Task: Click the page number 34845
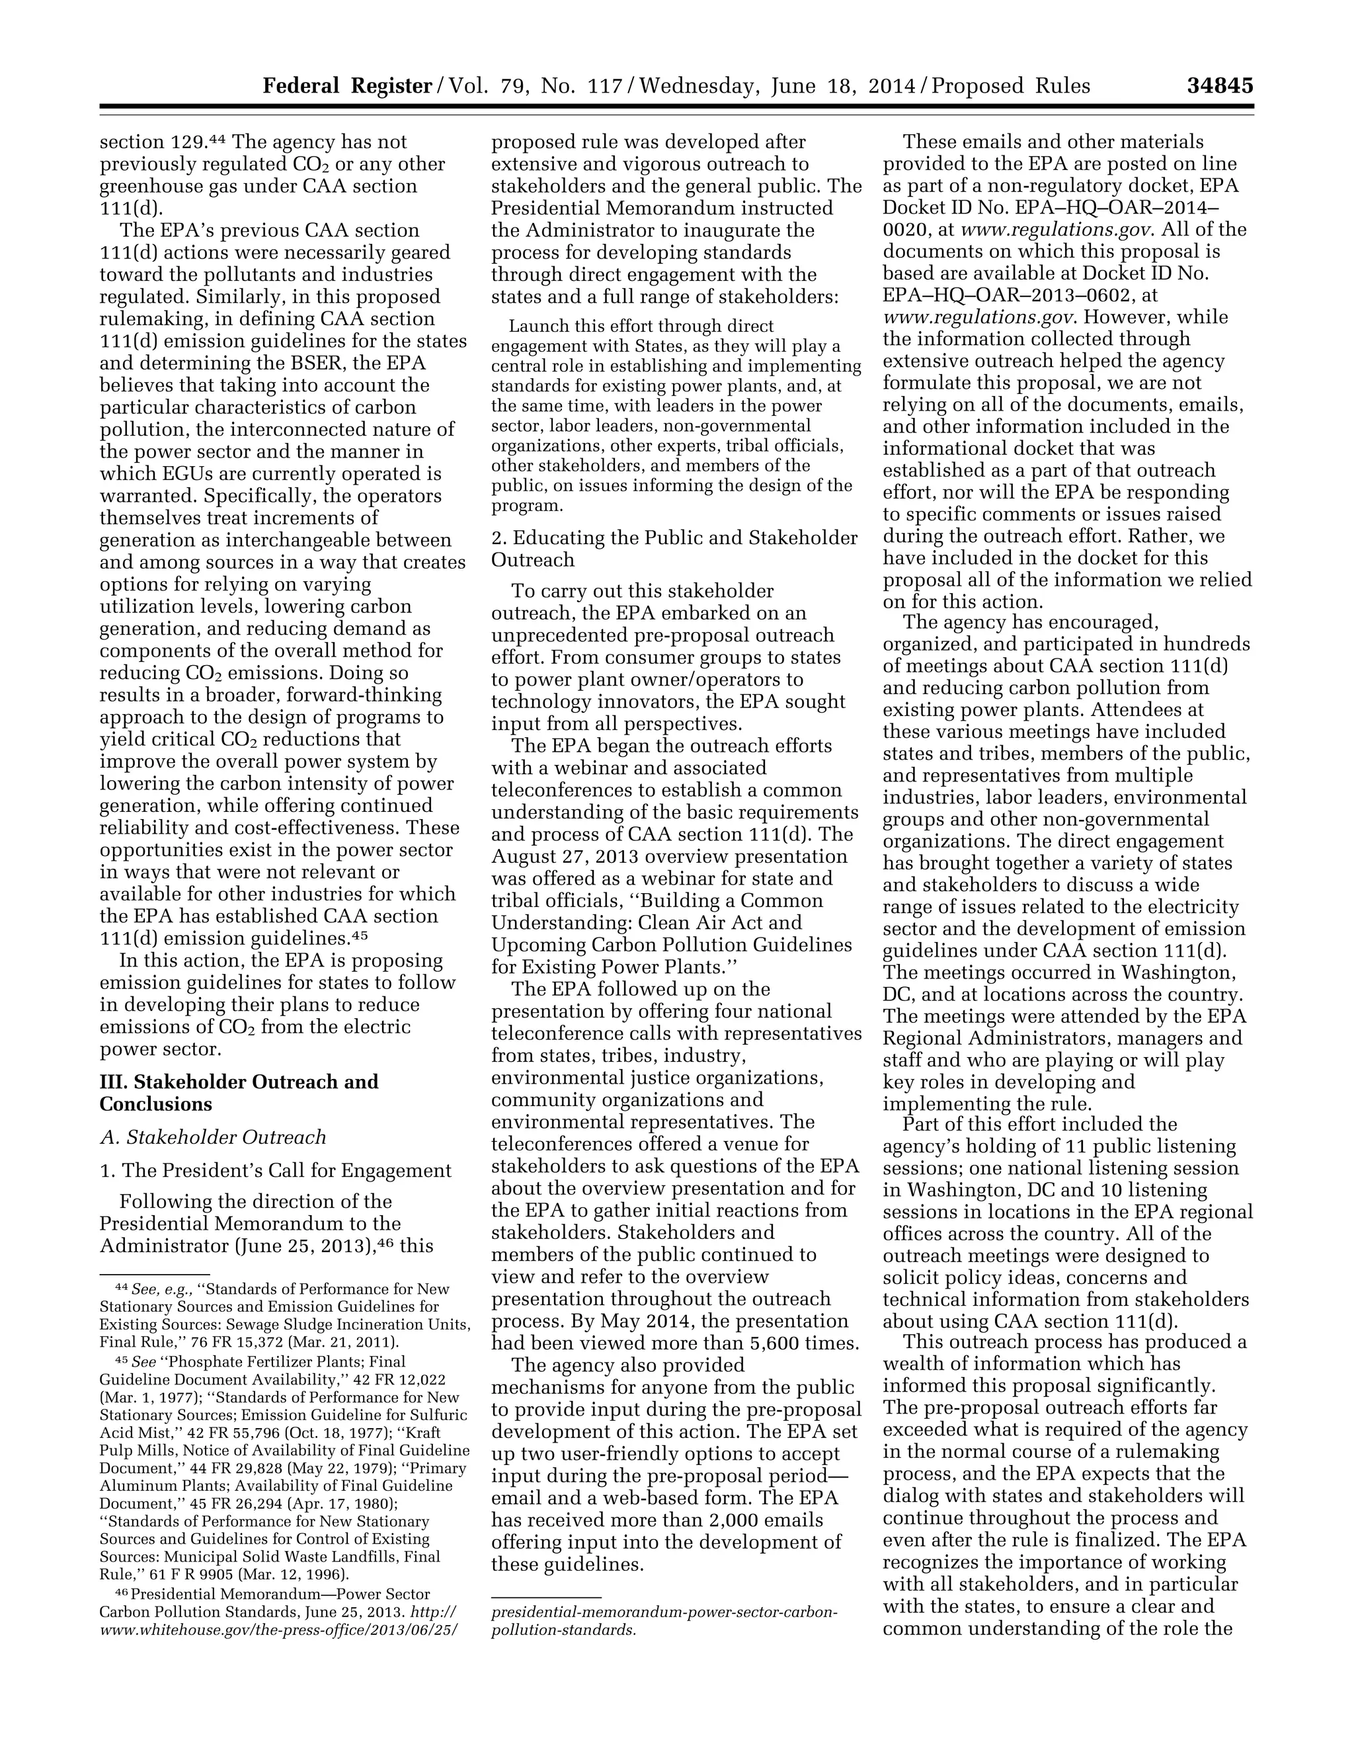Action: click(x=1219, y=86)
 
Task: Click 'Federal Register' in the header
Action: click(x=347, y=86)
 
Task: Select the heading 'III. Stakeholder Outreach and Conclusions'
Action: click(x=239, y=1093)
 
